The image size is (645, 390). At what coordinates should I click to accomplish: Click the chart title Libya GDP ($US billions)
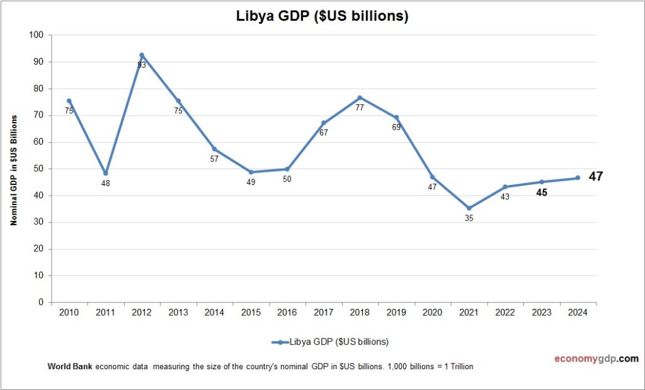click(x=322, y=16)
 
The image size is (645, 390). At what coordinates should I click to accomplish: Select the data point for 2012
click(x=142, y=55)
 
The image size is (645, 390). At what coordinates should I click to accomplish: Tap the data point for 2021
click(x=469, y=208)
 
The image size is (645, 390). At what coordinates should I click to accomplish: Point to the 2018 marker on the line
click(x=360, y=97)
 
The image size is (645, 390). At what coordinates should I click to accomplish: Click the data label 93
click(x=142, y=65)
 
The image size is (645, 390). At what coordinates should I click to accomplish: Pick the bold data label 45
click(x=541, y=192)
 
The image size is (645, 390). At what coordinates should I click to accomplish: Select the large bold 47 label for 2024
click(x=596, y=177)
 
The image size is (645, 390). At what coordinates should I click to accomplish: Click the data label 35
click(x=469, y=218)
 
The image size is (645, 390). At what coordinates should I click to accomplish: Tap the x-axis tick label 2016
click(x=287, y=313)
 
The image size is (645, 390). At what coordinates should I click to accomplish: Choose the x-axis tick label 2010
click(x=69, y=313)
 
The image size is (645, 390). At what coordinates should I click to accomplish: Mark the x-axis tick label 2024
click(x=578, y=313)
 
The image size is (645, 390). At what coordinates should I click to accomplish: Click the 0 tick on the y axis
click(x=41, y=303)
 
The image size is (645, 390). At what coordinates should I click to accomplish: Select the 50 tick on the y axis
click(x=38, y=169)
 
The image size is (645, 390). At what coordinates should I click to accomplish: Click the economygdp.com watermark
click(x=596, y=359)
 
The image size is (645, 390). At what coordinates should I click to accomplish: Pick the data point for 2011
click(x=105, y=174)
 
